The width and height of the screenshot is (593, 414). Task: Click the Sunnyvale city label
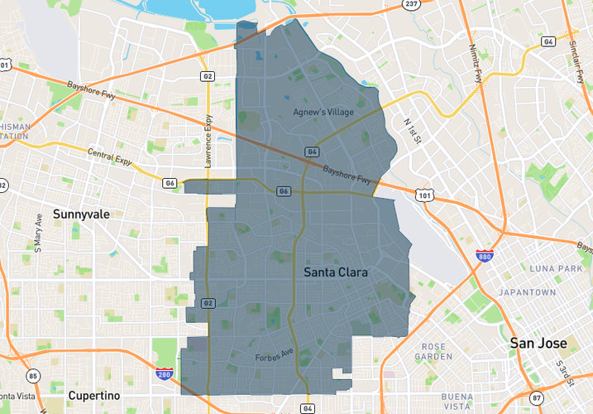point(81,214)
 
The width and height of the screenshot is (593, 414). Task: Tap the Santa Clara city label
point(336,272)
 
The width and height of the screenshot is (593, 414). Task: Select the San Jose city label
point(538,343)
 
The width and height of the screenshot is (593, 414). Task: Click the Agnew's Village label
point(323,112)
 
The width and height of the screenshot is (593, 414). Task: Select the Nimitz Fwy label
point(475,65)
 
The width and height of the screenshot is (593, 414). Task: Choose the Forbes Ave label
point(274,356)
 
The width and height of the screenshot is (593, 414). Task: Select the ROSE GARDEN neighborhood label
point(433,352)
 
